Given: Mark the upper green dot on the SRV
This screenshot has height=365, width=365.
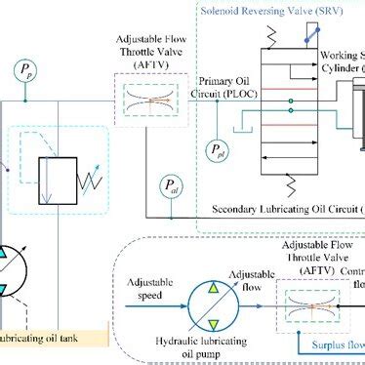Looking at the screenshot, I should [x=291, y=99].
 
